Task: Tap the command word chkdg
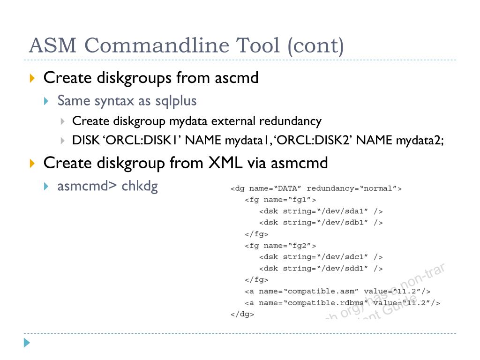[140, 186]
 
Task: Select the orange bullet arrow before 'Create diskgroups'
[32, 78]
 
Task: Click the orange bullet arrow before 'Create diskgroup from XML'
[32, 163]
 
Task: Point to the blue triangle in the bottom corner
[27, 343]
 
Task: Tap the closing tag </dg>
[242, 315]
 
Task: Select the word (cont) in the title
[315, 46]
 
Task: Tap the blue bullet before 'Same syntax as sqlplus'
[46, 101]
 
